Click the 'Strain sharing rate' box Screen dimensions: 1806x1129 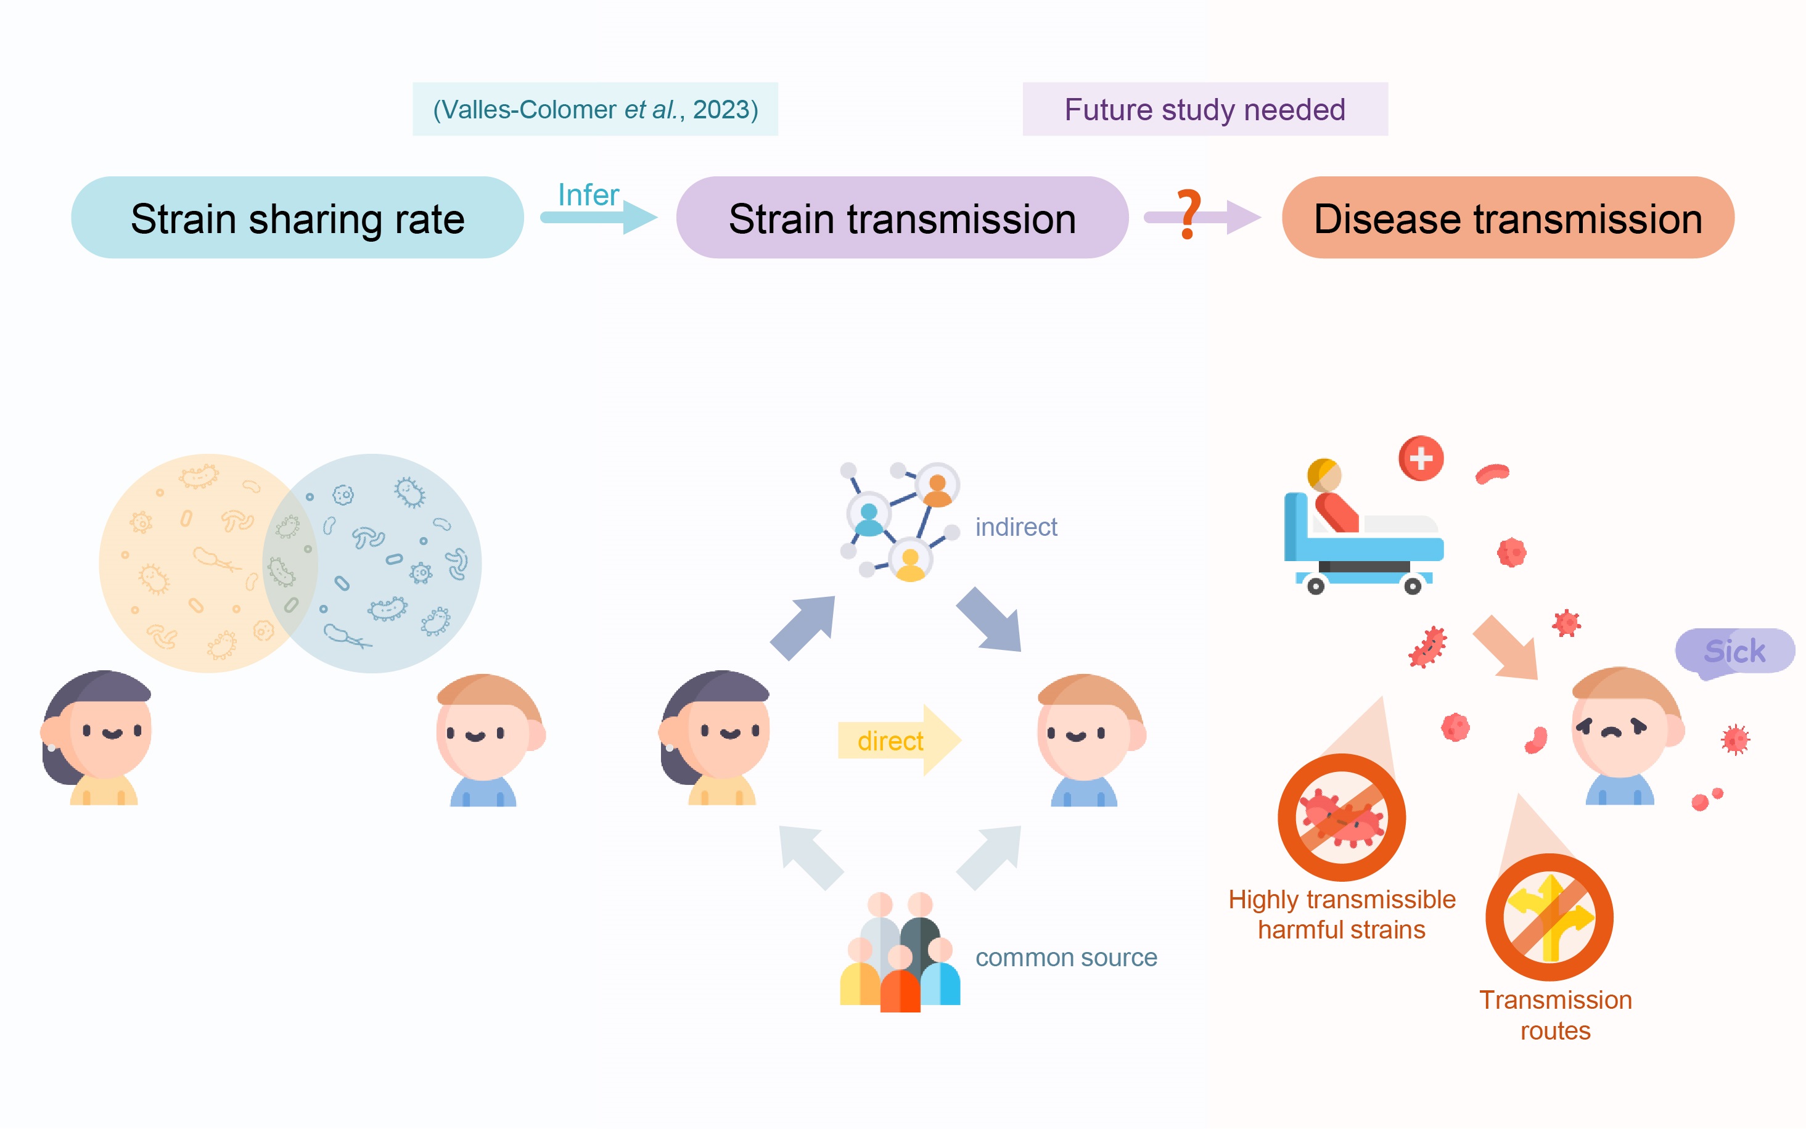tap(297, 217)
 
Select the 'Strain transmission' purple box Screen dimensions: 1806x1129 tap(902, 217)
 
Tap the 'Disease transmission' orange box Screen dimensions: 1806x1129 tap(1508, 217)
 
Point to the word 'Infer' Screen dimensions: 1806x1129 tap(588, 195)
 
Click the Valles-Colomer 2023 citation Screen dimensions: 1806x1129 tap(595, 109)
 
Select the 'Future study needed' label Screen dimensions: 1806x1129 tap(1205, 109)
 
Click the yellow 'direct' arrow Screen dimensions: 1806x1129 tap(900, 740)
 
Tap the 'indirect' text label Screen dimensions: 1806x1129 tap(1016, 527)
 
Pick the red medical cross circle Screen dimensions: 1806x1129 tap(1421, 458)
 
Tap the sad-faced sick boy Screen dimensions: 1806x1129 tap(1627, 736)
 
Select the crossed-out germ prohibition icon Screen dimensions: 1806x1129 tap(1342, 817)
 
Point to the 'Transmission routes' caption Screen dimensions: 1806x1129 tap(1555, 1015)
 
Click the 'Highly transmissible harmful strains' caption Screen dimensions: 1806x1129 tap(1342, 914)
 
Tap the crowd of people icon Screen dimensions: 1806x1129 tap(900, 952)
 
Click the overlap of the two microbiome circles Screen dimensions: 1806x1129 tap(290, 564)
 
